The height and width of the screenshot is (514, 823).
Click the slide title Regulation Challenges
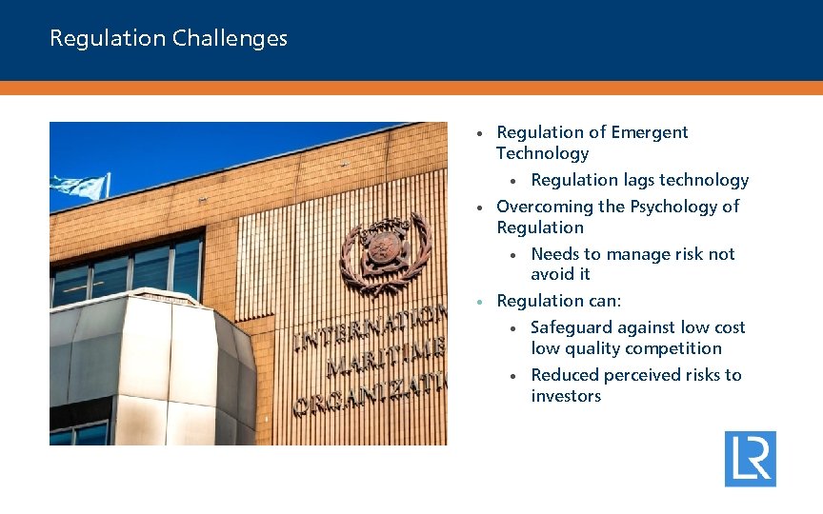[x=169, y=38]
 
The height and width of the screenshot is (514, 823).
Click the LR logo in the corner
[x=750, y=459]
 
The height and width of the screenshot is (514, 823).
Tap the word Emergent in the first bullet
[x=649, y=132]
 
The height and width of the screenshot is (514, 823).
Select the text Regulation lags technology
[x=639, y=180]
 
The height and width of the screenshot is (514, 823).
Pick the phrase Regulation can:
[x=558, y=301]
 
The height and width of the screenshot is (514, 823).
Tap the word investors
[x=566, y=396]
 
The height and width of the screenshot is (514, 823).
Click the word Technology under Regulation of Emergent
[x=542, y=153]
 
